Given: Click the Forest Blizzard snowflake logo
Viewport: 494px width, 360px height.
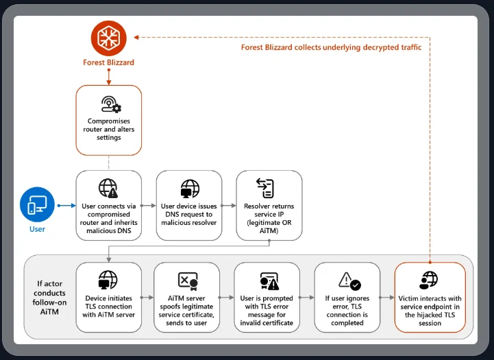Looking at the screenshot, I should click(x=108, y=37).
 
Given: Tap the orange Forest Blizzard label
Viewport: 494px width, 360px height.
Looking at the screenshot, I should click(x=108, y=62).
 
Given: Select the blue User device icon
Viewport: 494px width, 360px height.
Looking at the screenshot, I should click(x=37, y=204).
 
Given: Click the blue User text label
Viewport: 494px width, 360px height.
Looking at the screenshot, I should click(x=37, y=229).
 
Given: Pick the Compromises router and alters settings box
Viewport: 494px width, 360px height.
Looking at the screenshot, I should click(x=108, y=120).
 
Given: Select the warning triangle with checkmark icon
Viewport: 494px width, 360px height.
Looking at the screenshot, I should click(x=349, y=281).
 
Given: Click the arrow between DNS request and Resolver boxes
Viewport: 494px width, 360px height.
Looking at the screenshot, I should click(x=229, y=205).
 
